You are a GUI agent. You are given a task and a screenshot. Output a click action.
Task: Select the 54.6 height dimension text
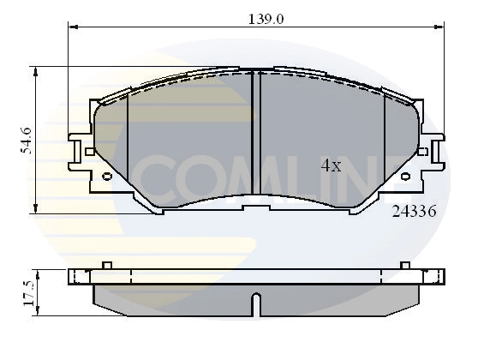[x=27, y=140]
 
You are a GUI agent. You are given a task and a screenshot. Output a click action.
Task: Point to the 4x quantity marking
[x=331, y=166]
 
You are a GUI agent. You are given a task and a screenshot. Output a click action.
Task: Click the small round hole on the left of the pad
[x=106, y=177]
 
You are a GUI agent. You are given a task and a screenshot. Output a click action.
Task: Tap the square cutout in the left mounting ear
[x=89, y=151]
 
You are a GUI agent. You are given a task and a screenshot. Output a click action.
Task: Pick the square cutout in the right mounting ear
[x=422, y=151]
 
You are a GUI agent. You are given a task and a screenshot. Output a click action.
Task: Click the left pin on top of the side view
[x=106, y=265]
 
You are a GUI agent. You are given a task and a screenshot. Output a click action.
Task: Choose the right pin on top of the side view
[x=405, y=265]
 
